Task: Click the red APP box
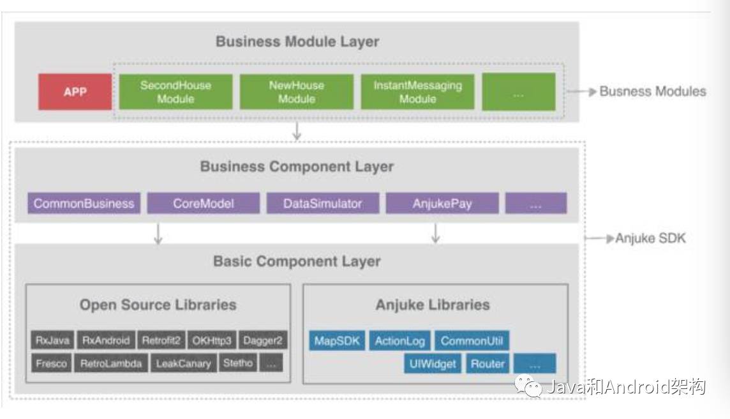[x=75, y=92]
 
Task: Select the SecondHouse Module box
[x=175, y=92]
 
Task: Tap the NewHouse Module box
[x=297, y=92]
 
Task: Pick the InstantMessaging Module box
[x=418, y=92]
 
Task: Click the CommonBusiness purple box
[x=84, y=204]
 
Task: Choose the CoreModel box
[x=204, y=204]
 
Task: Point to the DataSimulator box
[x=322, y=204]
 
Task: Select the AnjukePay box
[x=442, y=204]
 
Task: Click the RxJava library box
[x=52, y=340]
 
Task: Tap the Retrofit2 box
[x=161, y=340]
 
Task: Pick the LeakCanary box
[x=183, y=363]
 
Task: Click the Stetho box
[x=238, y=363]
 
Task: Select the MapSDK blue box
[x=337, y=340]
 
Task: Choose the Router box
[x=488, y=363]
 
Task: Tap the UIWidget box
[x=432, y=363]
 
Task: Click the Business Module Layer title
[x=297, y=42]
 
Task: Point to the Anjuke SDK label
[x=650, y=239]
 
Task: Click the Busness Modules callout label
[x=652, y=91]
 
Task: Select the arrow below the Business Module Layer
[x=296, y=132]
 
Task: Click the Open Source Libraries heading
[x=158, y=305]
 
